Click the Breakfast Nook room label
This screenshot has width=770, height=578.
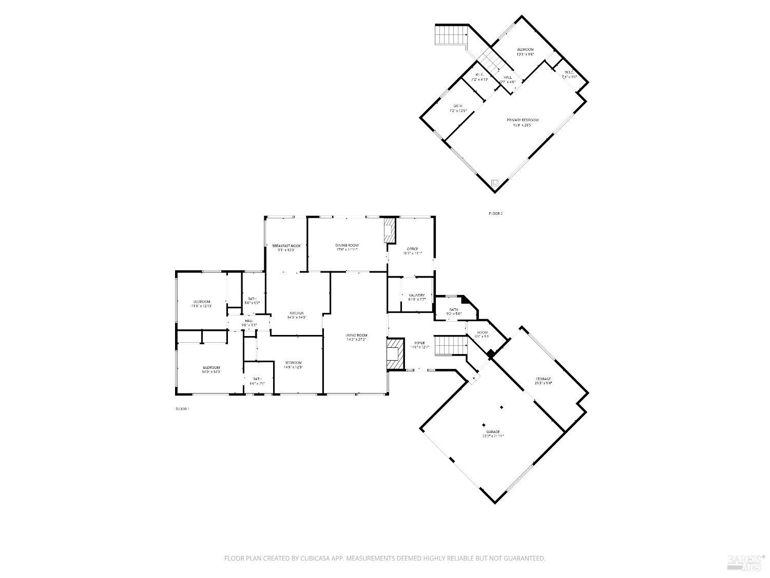coord(286,246)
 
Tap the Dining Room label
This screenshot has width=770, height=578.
coord(347,246)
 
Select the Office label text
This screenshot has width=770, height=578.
coord(413,249)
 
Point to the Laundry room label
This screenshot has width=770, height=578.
coord(417,295)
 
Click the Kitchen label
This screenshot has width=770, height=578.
coord(297,313)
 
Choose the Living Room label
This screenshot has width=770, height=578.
coord(357,335)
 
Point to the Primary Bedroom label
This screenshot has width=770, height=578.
coord(523,120)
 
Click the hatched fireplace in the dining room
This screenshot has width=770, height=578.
coord(390,230)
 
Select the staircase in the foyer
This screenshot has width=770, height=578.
coord(450,346)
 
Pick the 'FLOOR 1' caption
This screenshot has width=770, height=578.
coord(182,409)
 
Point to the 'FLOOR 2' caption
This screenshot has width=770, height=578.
coord(495,213)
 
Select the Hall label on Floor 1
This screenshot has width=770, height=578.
coord(249,321)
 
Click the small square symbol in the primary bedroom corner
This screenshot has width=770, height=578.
coord(495,182)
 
